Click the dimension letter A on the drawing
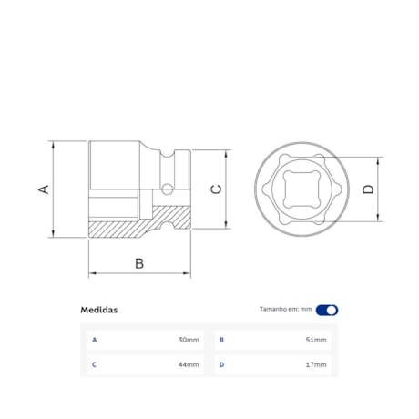[x=43, y=189]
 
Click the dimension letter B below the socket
[x=139, y=263]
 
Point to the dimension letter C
[x=215, y=189]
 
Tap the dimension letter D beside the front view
[x=368, y=189]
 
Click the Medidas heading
[x=98, y=310]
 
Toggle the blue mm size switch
[x=327, y=310]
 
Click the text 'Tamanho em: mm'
[x=285, y=310]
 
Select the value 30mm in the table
[x=189, y=340]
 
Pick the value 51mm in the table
[x=315, y=340]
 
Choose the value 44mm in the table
[x=189, y=364]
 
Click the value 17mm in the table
[x=315, y=364]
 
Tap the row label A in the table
[x=93, y=340]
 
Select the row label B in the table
[x=220, y=340]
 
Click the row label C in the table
[x=93, y=364]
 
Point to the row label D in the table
[x=220, y=364]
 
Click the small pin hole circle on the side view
[x=167, y=190]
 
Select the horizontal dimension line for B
[x=139, y=273]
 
